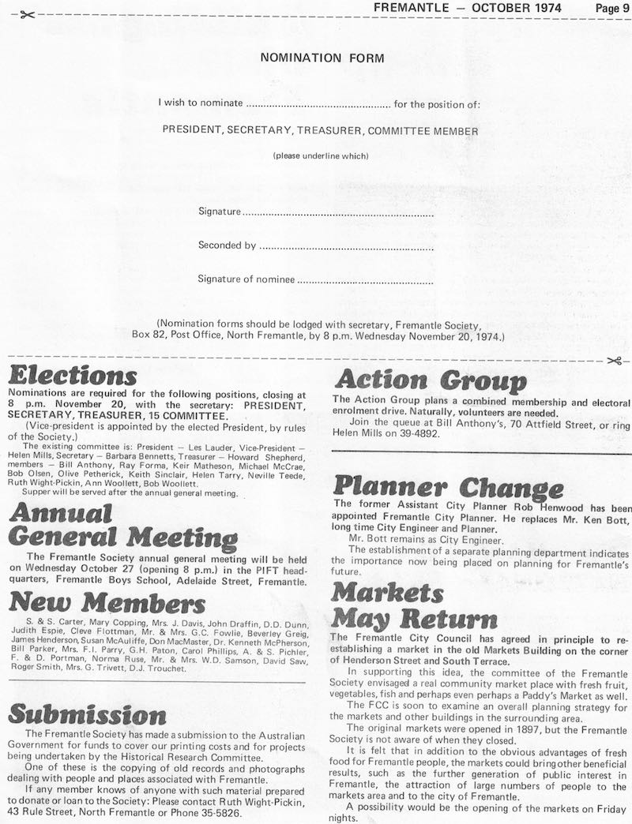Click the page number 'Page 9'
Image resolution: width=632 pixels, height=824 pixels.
coord(613,7)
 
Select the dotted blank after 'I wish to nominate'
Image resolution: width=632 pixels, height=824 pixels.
coord(318,104)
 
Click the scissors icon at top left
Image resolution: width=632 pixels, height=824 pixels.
coord(25,15)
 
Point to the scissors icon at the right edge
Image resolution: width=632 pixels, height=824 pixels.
coord(615,361)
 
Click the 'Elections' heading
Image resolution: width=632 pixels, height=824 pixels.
coord(73,376)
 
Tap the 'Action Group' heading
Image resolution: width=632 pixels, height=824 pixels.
coord(431,381)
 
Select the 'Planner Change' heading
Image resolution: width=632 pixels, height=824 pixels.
coord(449,486)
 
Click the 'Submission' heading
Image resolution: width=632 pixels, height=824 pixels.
coord(87,715)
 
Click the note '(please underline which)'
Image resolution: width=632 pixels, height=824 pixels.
coord(321,155)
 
